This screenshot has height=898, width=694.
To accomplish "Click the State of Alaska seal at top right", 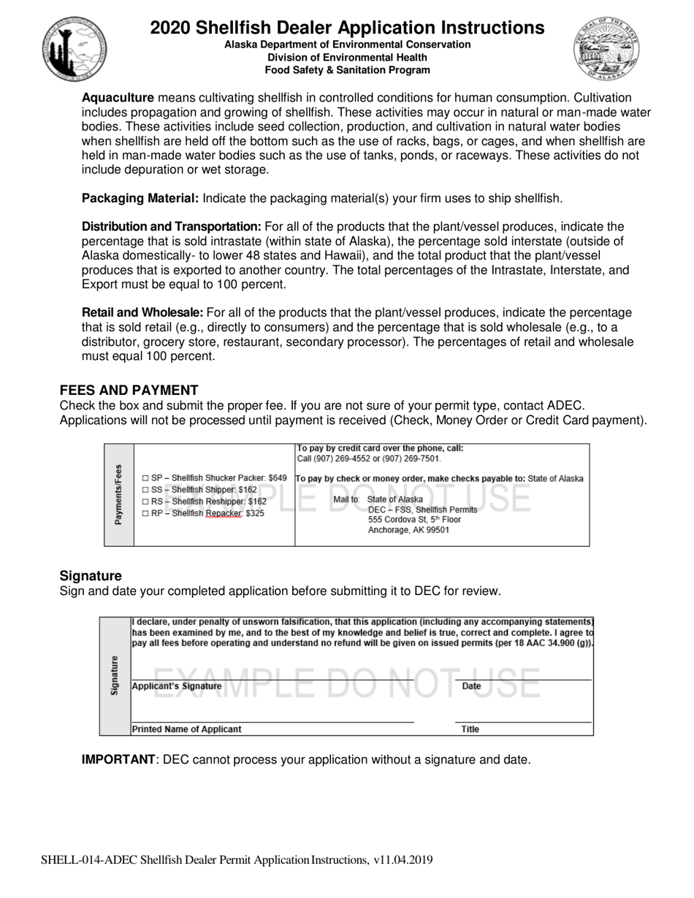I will [606, 48].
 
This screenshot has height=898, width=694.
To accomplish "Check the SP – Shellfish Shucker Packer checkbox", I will [145, 478].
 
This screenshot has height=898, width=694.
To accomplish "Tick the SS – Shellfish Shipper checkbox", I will [145, 490].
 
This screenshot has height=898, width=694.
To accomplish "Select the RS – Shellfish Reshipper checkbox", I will [145, 502].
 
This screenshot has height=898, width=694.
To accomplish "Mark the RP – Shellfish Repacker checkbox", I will [145, 514].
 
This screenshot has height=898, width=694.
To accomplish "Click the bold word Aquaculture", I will [118, 98].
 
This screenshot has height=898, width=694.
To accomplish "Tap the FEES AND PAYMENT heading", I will [129, 390].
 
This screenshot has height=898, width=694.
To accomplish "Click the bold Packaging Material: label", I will [140, 199].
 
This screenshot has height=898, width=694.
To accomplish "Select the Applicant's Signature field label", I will [177, 686].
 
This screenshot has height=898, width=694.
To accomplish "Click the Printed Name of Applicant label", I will [187, 729].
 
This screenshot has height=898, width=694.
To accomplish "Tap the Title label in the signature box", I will [470, 729].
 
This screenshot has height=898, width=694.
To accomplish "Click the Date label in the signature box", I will [472, 686].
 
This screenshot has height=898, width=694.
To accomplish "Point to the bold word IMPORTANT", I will [118, 759].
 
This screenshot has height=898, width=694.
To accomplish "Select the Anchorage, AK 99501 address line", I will [409, 530].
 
